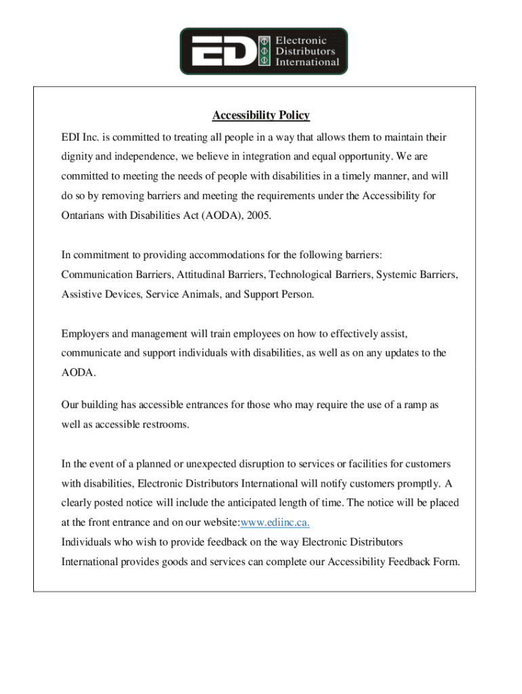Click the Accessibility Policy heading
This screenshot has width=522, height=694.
pos(261,116)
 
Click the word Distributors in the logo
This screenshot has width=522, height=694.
pos(305,51)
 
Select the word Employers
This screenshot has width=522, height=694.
pos(85,333)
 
